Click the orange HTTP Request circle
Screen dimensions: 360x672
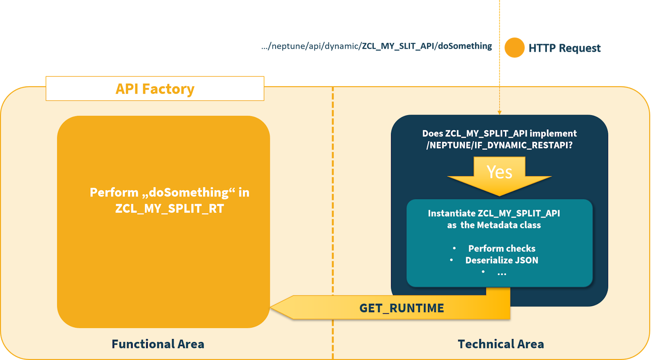tap(514, 47)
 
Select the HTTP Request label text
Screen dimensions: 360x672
tap(564, 48)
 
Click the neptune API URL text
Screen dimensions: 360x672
tap(377, 46)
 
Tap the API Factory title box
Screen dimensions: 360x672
tap(155, 89)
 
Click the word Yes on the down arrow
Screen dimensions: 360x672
tap(499, 172)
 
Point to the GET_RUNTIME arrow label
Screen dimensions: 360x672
tap(402, 308)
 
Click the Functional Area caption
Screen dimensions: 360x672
tap(158, 344)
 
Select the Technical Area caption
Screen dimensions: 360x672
tap(501, 344)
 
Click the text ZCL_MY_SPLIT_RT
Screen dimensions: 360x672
tap(170, 209)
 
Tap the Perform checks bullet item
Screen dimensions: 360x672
tap(501, 249)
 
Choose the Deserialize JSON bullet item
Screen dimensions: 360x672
tap(501, 260)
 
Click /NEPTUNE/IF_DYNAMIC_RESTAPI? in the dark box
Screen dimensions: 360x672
tap(499, 145)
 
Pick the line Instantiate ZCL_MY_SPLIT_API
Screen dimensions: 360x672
tap(494, 213)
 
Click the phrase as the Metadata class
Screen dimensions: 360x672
tap(494, 225)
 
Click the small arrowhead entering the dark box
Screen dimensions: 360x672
tap(499, 112)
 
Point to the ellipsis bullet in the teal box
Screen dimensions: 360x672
tap(501, 273)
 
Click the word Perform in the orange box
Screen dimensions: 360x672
tap(114, 192)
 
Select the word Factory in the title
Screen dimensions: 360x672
tap(168, 89)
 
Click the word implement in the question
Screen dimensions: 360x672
tap(553, 134)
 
